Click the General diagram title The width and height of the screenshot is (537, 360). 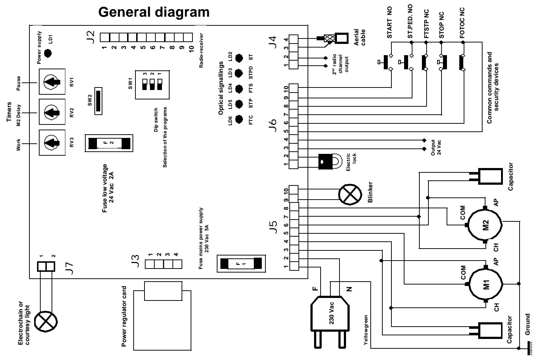click(x=154, y=12)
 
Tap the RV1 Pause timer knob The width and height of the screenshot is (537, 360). click(x=52, y=82)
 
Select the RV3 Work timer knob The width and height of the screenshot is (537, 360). click(x=52, y=143)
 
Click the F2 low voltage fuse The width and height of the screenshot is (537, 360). click(x=109, y=143)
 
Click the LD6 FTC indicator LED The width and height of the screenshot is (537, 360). click(x=239, y=119)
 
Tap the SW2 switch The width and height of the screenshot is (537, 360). click(x=97, y=101)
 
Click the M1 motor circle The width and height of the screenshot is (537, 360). click(x=486, y=284)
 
